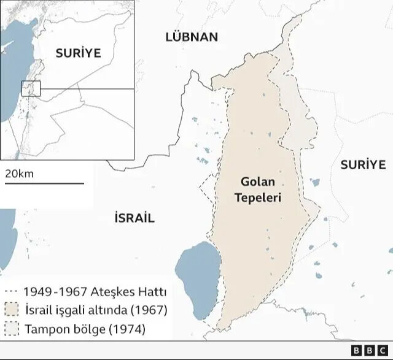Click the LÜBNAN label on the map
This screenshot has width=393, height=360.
point(192,37)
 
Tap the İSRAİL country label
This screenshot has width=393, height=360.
point(134,218)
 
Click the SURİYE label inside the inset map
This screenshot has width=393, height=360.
point(78,53)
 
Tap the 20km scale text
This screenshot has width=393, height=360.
point(20,174)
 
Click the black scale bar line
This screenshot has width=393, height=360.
point(44,183)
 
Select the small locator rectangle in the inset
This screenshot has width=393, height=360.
point(31,88)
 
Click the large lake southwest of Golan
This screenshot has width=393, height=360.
point(196,273)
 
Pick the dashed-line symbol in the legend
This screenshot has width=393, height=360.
point(10,292)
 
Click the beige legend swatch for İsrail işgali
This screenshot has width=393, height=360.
point(12,310)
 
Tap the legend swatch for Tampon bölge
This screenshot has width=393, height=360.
point(12,329)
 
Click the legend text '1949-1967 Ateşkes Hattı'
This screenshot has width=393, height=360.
point(95,292)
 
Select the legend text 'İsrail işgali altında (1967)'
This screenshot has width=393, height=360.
point(96,310)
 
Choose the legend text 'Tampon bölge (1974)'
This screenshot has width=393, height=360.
point(85,329)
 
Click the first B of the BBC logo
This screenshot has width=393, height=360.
point(356,350)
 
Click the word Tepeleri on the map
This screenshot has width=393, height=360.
point(260,198)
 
